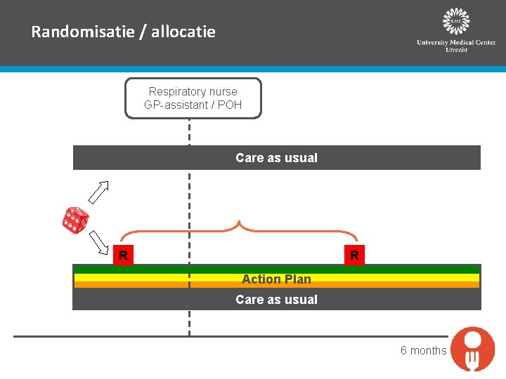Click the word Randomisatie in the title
(x=83, y=32)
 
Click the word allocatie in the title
(x=183, y=32)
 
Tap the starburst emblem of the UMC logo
(x=456, y=21)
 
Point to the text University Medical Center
(x=456, y=42)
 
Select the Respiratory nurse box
(x=193, y=98)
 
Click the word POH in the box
(x=230, y=105)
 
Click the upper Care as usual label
(x=277, y=158)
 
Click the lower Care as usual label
(x=277, y=300)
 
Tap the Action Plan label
(x=277, y=279)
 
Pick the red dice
(x=75, y=220)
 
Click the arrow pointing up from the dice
(x=99, y=192)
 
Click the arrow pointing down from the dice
(x=99, y=242)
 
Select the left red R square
(x=123, y=255)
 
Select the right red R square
(x=354, y=255)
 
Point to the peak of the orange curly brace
(x=239, y=221)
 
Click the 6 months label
(x=423, y=350)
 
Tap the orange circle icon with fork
(x=473, y=349)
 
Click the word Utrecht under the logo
(x=456, y=50)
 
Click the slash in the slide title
(x=143, y=32)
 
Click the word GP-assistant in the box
(x=176, y=105)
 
